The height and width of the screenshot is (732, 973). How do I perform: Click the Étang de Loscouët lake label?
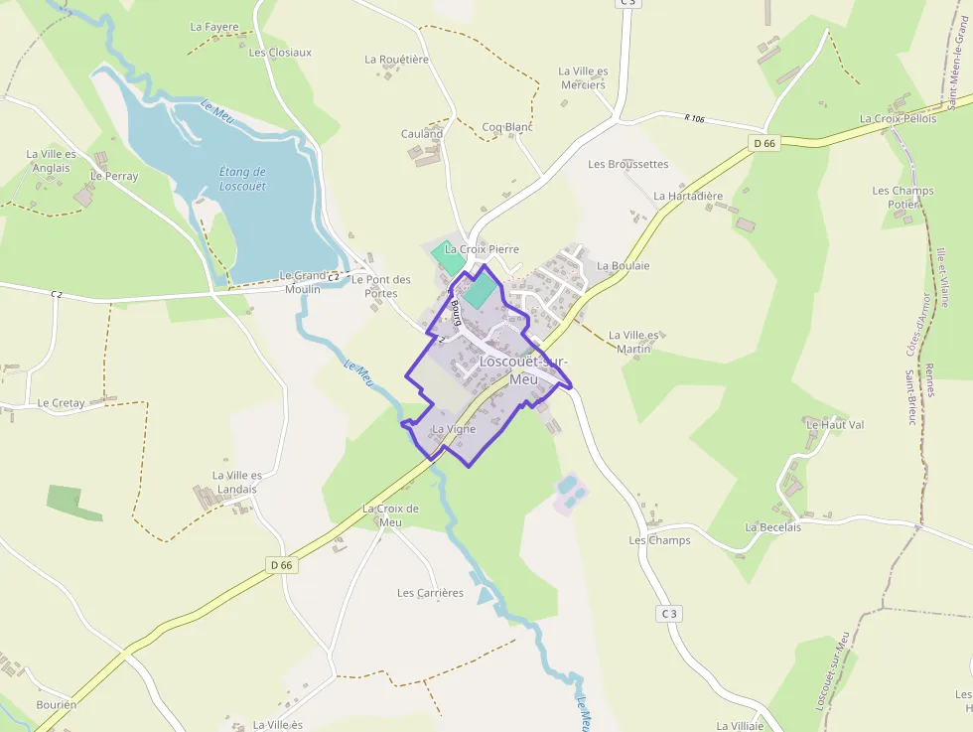coord(242,179)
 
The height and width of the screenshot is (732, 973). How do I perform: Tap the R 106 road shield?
coord(694,119)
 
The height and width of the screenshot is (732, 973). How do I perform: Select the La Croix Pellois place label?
coord(898,119)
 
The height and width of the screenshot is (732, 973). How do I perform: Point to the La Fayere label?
coord(214,27)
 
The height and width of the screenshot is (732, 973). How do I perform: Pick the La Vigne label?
coord(454,429)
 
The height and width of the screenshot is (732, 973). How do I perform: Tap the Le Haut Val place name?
coord(834,425)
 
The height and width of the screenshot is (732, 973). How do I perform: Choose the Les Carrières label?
coord(430,593)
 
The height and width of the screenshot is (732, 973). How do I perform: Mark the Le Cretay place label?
coord(61,403)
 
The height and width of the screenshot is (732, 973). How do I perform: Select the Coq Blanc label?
coord(507,127)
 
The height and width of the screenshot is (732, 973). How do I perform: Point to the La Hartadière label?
coord(688,197)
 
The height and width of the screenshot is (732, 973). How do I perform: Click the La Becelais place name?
coord(772,527)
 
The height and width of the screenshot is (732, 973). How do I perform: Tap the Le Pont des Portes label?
coord(380,286)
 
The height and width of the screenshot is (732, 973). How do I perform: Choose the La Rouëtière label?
coord(396,60)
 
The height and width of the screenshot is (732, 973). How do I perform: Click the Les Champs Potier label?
coord(903,198)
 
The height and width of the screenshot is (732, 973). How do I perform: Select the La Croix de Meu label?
coord(390,515)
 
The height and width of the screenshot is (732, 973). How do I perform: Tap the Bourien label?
coord(56,704)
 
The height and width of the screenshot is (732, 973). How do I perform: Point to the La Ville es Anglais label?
coord(51,161)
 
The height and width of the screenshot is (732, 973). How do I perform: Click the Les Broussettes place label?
coord(627,164)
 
